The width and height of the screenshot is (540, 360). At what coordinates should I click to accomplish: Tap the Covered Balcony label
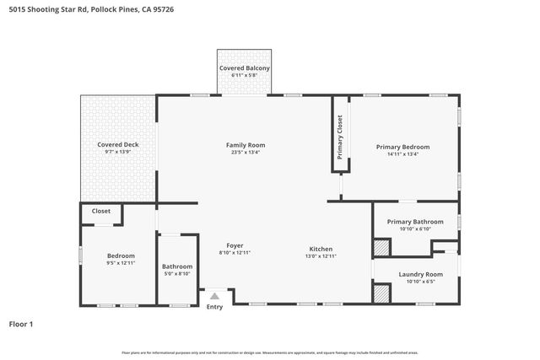[244, 67]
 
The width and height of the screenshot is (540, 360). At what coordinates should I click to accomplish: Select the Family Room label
[245, 145]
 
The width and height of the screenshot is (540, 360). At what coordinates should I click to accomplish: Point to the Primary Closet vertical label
[340, 137]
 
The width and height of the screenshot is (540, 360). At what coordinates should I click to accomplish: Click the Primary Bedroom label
[402, 147]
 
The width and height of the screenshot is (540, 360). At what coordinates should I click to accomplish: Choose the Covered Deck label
[117, 144]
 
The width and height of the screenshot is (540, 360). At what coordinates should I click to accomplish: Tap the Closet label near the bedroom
[101, 212]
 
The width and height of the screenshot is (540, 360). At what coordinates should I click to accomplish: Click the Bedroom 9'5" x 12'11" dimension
[121, 264]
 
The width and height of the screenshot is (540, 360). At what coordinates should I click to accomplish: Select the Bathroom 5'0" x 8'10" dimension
[176, 273]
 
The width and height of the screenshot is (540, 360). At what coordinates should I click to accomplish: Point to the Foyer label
[235, 245]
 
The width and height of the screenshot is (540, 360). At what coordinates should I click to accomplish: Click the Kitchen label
[321, 249]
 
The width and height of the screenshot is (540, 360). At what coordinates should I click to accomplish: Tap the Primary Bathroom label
[414, 222]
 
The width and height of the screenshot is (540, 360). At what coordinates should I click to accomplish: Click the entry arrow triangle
[214, 296]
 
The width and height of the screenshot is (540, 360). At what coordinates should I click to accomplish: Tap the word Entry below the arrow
[215, 307]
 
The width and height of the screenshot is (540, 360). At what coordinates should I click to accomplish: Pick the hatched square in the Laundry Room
[382, 294]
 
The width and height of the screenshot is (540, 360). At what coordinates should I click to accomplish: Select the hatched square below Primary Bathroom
[382, 248]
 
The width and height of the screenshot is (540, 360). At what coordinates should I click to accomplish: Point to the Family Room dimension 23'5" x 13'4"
[245, 153]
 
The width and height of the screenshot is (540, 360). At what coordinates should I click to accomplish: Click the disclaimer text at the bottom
[269, 352]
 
